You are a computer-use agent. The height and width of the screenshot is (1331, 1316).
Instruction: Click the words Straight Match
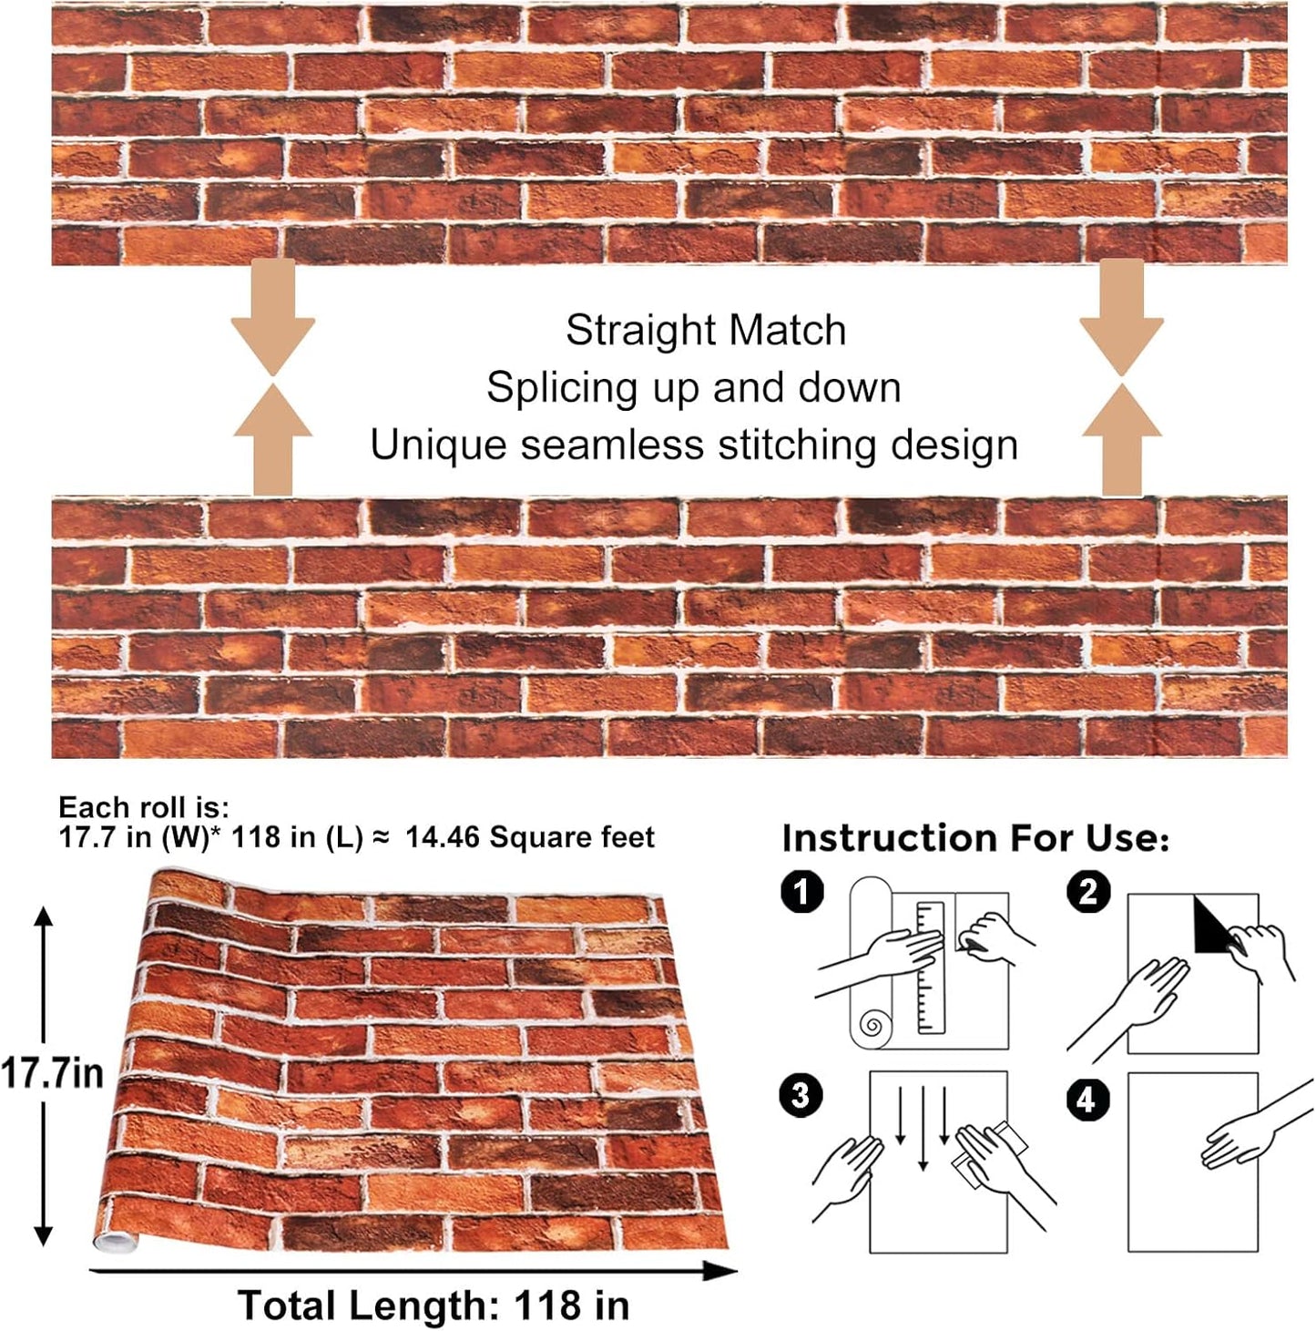tap(706, 331)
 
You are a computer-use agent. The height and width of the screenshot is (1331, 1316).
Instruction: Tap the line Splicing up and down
tap(693, 388)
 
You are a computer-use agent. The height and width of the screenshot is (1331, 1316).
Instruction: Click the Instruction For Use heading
tap(974, 838)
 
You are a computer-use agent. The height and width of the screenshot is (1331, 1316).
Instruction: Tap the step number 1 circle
tap(801, 891)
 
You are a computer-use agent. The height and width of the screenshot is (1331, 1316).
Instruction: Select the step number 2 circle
tap(1088, 891)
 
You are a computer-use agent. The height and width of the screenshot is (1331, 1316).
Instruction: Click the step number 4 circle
tap(1086, 1100)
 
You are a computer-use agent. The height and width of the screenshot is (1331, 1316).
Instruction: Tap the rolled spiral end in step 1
tap(872, 1026)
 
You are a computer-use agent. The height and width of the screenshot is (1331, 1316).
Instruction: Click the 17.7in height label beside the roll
tap(52, 1073)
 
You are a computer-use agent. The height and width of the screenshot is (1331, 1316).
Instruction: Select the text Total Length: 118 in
tap(434, 1305)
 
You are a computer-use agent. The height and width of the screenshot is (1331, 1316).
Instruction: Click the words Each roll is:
tap(144, 807)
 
